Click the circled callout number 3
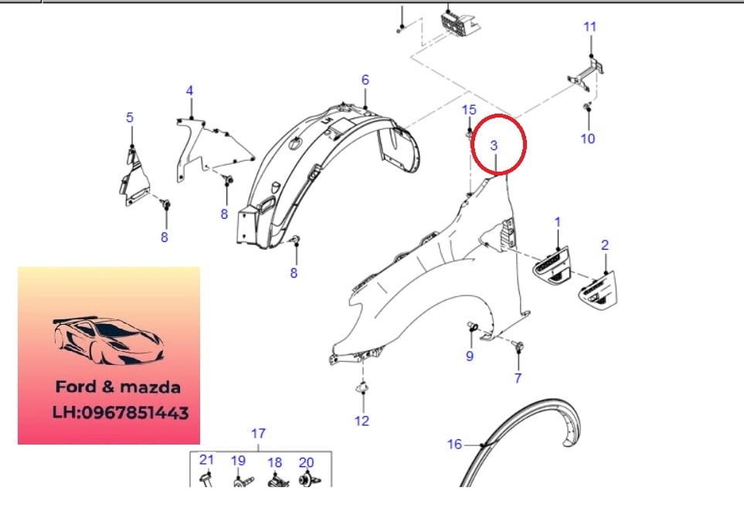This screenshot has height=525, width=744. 494,145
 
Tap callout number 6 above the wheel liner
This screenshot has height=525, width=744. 365,80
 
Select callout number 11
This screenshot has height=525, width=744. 589,26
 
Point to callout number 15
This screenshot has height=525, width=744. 469,110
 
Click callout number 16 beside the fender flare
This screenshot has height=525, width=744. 454,445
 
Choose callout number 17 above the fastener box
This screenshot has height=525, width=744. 258,434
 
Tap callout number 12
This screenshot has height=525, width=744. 362,421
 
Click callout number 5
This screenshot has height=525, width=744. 130,118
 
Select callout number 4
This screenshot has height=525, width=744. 189,90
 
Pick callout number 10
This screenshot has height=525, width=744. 587,138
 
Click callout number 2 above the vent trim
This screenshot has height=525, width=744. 604,245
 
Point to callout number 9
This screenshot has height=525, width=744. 470,356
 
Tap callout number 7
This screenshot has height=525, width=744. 518,378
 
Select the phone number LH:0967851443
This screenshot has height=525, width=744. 121,413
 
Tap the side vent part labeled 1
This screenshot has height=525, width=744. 551,265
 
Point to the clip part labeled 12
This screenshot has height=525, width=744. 362,389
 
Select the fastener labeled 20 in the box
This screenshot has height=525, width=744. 309,479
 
